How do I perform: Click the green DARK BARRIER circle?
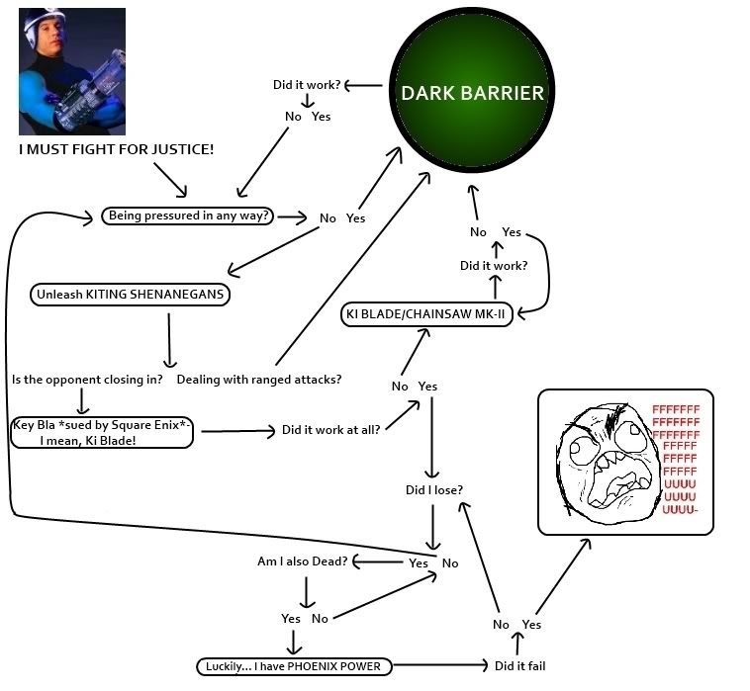coord(471,93)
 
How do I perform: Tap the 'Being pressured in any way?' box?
coord(189,216)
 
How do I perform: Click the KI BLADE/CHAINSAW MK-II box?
coord(427,315)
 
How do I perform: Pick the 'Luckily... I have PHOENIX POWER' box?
coord(292,666)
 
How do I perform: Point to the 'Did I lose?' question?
coord(434,490)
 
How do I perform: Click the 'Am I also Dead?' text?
coord(302,561)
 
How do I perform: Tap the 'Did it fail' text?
coord(519,666)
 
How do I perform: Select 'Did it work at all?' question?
coord(331,430)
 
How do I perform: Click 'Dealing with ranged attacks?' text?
coord(259,379)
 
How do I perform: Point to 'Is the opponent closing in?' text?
coord(87,379)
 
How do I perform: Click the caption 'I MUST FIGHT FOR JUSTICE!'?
coord(117,149)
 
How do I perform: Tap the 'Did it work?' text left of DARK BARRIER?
coord(307,85)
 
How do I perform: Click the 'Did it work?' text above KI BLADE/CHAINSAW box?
coord(494,266)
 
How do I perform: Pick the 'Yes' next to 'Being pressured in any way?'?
coord(355,217)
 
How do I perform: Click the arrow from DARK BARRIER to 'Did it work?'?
coord(363,85)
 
